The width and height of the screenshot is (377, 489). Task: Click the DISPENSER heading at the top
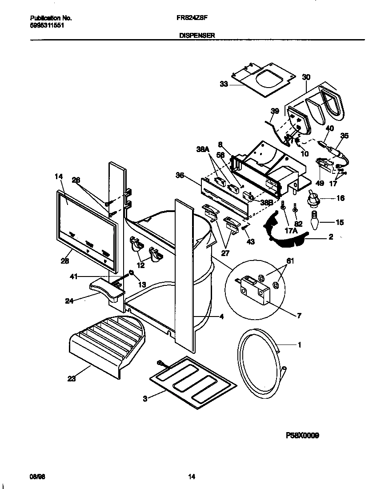tap(191, 35)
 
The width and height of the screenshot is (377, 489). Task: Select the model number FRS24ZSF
tap(191, 18)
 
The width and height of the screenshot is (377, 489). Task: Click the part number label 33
tap(224, 84)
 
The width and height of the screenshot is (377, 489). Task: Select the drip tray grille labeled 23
tap(107, 342)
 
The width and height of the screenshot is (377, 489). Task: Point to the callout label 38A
tap(202, 150)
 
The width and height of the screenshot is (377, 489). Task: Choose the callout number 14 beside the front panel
tap(59, 176)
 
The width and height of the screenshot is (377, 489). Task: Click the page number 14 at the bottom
tap(191, 477)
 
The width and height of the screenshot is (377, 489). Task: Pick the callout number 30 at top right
tap(306, 77)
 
